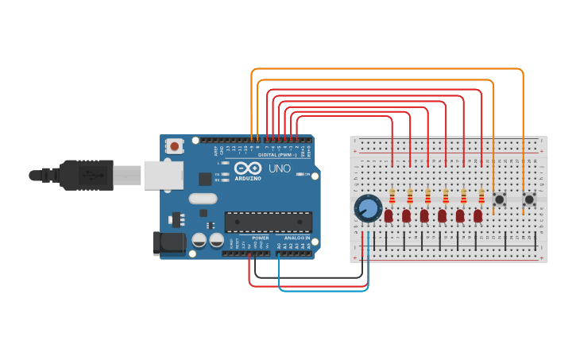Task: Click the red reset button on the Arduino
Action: pos(174,146)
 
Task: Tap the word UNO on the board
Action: pos(278,169)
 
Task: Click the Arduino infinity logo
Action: pos(246,168)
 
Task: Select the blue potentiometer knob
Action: pos(367,208)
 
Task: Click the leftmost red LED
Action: pos(389,215)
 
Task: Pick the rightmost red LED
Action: pos(477,215)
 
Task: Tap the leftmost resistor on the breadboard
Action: pos(392,196)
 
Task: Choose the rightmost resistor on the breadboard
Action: pos(481,196)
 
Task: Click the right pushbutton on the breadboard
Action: pos(528,199)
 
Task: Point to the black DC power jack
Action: pos(168,243)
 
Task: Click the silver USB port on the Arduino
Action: pos(163,175)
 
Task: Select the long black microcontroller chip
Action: pos(268,222)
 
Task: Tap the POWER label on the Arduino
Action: pos(261,238)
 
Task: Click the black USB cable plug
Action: pos(87,175)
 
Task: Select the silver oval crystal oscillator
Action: pos(203,199)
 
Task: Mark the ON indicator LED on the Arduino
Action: pos(300,174)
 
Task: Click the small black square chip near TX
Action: pos(205,179)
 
